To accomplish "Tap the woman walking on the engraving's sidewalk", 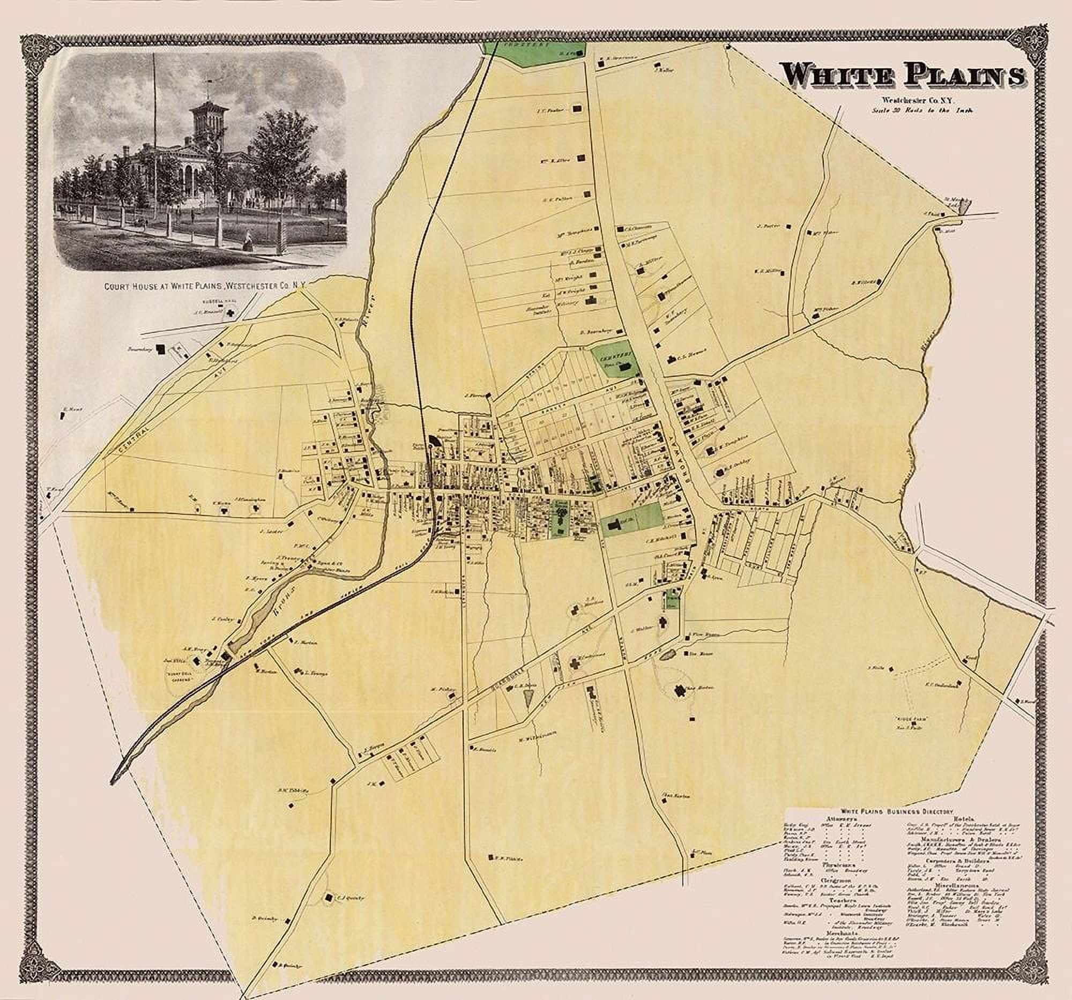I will coord(250,242).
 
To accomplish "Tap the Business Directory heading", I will coord(895,825).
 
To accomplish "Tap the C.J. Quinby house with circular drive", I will coord(329,897).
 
